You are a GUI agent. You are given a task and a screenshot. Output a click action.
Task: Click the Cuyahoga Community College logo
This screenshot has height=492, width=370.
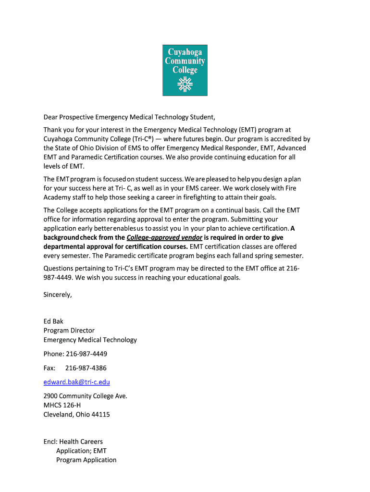coord(185,70)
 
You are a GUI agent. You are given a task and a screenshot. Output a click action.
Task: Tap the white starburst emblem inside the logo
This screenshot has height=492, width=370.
coord(185,85)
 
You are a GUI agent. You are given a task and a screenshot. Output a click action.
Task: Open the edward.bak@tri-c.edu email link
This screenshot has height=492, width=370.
coord(77,382)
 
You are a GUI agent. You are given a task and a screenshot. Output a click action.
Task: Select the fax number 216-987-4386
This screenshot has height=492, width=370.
coord(86,368)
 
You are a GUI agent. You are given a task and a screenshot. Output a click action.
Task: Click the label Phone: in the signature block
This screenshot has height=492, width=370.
coord(54,354)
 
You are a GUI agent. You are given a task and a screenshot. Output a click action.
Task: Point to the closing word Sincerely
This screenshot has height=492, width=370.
coord(58,295)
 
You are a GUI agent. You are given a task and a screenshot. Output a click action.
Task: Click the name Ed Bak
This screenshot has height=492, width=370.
coord(53,321)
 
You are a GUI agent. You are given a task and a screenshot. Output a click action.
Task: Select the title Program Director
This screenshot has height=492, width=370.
coord(69,331)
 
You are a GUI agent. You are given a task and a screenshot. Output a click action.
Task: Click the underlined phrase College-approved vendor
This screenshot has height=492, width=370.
coord(164,238)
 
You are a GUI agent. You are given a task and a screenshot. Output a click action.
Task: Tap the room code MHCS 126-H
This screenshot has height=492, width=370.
coord(62,405)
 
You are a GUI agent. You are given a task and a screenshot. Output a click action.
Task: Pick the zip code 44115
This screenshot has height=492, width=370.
coord(101,414)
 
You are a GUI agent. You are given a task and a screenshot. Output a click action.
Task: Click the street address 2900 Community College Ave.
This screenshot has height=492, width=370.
coord(86,396)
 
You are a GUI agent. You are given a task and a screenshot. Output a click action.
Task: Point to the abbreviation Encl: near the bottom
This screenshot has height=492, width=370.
coord(50,442)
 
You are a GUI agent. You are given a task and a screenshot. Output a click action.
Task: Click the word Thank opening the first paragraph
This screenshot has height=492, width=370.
coord(53,130)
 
